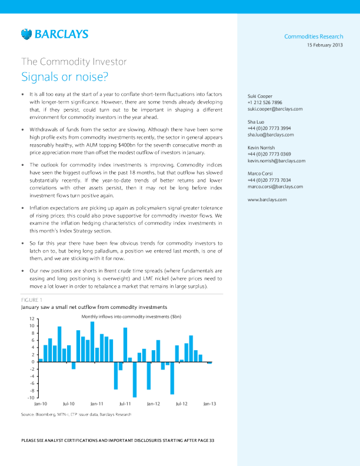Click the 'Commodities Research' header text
pos(314,36)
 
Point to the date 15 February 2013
pos(325,45)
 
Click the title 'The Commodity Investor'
pos(74,61)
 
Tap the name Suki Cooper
pos(260,96)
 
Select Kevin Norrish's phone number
pos(269,154)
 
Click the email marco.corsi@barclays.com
pos(275,186)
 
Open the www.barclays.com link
pos(267,199)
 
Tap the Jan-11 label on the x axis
pos(97,404)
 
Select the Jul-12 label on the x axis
pos(182,404)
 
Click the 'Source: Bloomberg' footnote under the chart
pos(76,415)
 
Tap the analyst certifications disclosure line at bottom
pos(118,440)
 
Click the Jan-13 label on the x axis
pos(209,404)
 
